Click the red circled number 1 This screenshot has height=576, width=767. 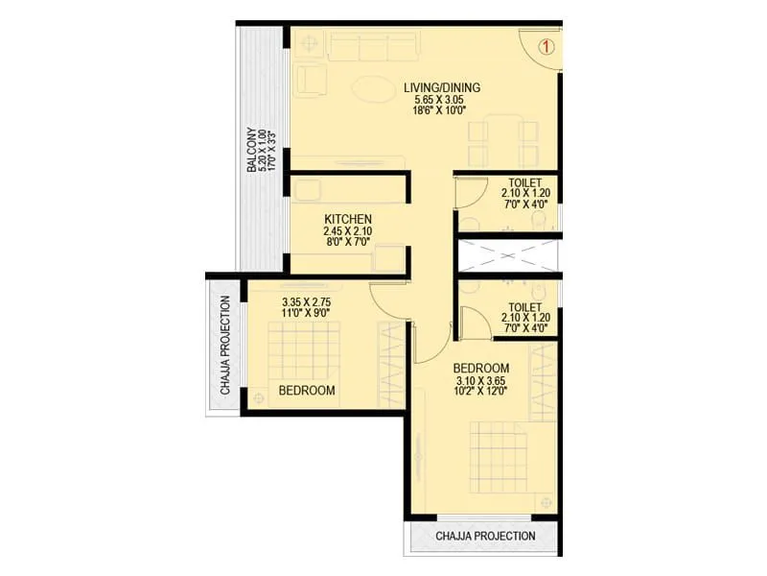[x=546, y=45]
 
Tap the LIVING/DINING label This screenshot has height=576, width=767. [x=441, y=87]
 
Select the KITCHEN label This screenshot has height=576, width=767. [x=347, y=219]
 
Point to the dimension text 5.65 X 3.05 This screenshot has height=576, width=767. [x=441, y=100]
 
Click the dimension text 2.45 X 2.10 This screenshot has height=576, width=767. [x=347, y=231]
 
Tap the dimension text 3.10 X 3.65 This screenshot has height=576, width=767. [x=481, y=380]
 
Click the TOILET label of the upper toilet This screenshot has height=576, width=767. [x=525, y=182]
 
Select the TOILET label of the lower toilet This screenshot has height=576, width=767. [x=525, y=308]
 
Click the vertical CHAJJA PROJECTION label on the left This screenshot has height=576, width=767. [x=225, y=346]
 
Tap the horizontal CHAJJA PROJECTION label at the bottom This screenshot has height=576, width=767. [x=485, y=536]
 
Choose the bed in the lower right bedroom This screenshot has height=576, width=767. [x=499, y=459]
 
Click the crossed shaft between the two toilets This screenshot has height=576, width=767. [x=507, y=256]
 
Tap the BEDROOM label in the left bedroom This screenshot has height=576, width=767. [x=307, y=391]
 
